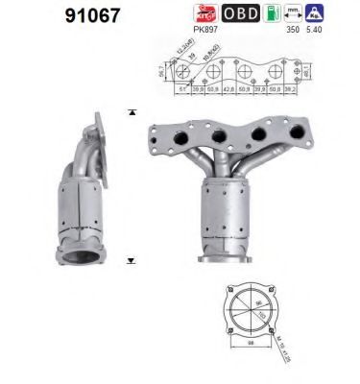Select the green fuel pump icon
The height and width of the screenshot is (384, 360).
tap(276, 14)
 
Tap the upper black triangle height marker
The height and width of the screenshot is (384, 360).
tap(130, 113)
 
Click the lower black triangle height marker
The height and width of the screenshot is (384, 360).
tap(130, 259)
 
